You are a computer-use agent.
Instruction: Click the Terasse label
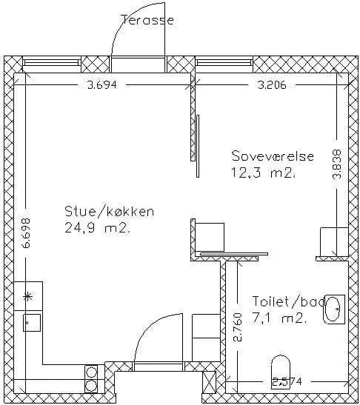tap(147, 20)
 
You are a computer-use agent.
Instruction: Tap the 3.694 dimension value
tap(102, 84)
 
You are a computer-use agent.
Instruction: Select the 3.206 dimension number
tap(272, 84)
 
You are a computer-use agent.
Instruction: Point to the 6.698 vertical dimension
tap(26, 233)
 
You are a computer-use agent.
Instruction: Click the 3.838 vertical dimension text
tap(337, 164)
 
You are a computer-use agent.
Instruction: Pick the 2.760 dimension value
tap(238, 327)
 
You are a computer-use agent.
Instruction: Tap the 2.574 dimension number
tap(287, 381)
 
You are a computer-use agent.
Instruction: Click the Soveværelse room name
tap(273, 156)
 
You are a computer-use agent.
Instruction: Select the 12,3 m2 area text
tap(264, 173)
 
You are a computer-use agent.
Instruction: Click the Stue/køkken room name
tap(110, 211)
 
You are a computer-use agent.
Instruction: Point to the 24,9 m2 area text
tap(97, 228)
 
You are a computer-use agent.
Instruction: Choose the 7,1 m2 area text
tap(279, 318)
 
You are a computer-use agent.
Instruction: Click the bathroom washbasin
tap(334, 309)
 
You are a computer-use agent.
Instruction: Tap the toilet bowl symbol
tap(281, 371)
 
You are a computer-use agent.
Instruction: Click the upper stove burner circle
tap(91, 372)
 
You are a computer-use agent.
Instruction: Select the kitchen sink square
tap(32, 323)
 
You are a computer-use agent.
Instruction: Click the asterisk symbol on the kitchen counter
tap(28, 297)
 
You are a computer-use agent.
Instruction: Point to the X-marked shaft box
tap(209, 381)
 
